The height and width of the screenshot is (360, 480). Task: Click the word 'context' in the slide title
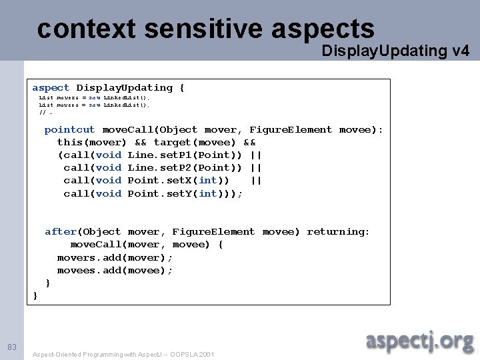tap(87, 29)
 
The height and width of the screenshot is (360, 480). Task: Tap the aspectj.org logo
tap(419, 341)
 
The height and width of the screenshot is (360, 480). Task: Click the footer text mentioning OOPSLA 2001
tap(123, 355)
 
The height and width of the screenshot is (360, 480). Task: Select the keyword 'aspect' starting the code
tap(51, 88)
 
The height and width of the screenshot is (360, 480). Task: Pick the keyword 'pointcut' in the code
tap(70, 130)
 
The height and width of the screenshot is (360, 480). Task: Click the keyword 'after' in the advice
tap(61, 232)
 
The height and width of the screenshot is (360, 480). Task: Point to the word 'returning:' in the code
tap(338, 232)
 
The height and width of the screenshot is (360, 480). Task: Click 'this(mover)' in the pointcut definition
tap(92, 143)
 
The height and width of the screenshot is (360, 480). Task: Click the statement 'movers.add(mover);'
tap(115, 258)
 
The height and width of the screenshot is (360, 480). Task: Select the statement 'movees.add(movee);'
tap(115, 271)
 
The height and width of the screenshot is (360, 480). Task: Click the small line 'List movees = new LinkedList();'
tap(94, 105)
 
